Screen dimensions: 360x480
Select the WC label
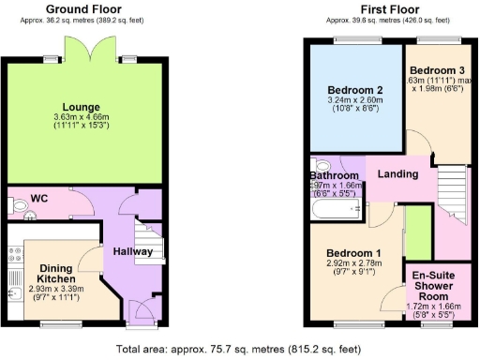[39, 199]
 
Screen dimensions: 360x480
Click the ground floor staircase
[148, 242]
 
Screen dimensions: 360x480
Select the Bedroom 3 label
[437, 70]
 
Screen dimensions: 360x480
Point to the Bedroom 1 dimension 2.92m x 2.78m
[353, 266]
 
